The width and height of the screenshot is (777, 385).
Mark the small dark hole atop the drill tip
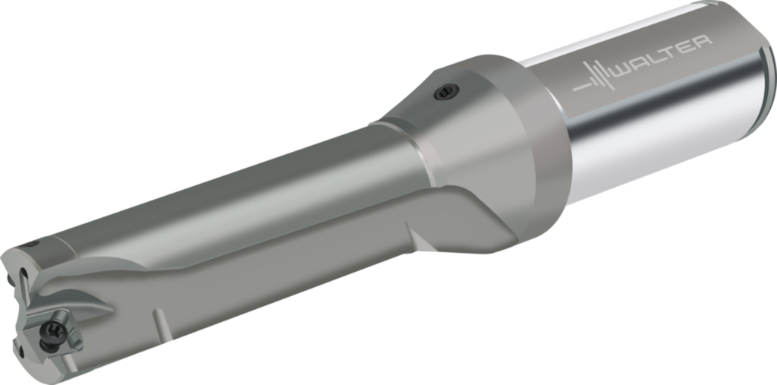click(35, 245)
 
